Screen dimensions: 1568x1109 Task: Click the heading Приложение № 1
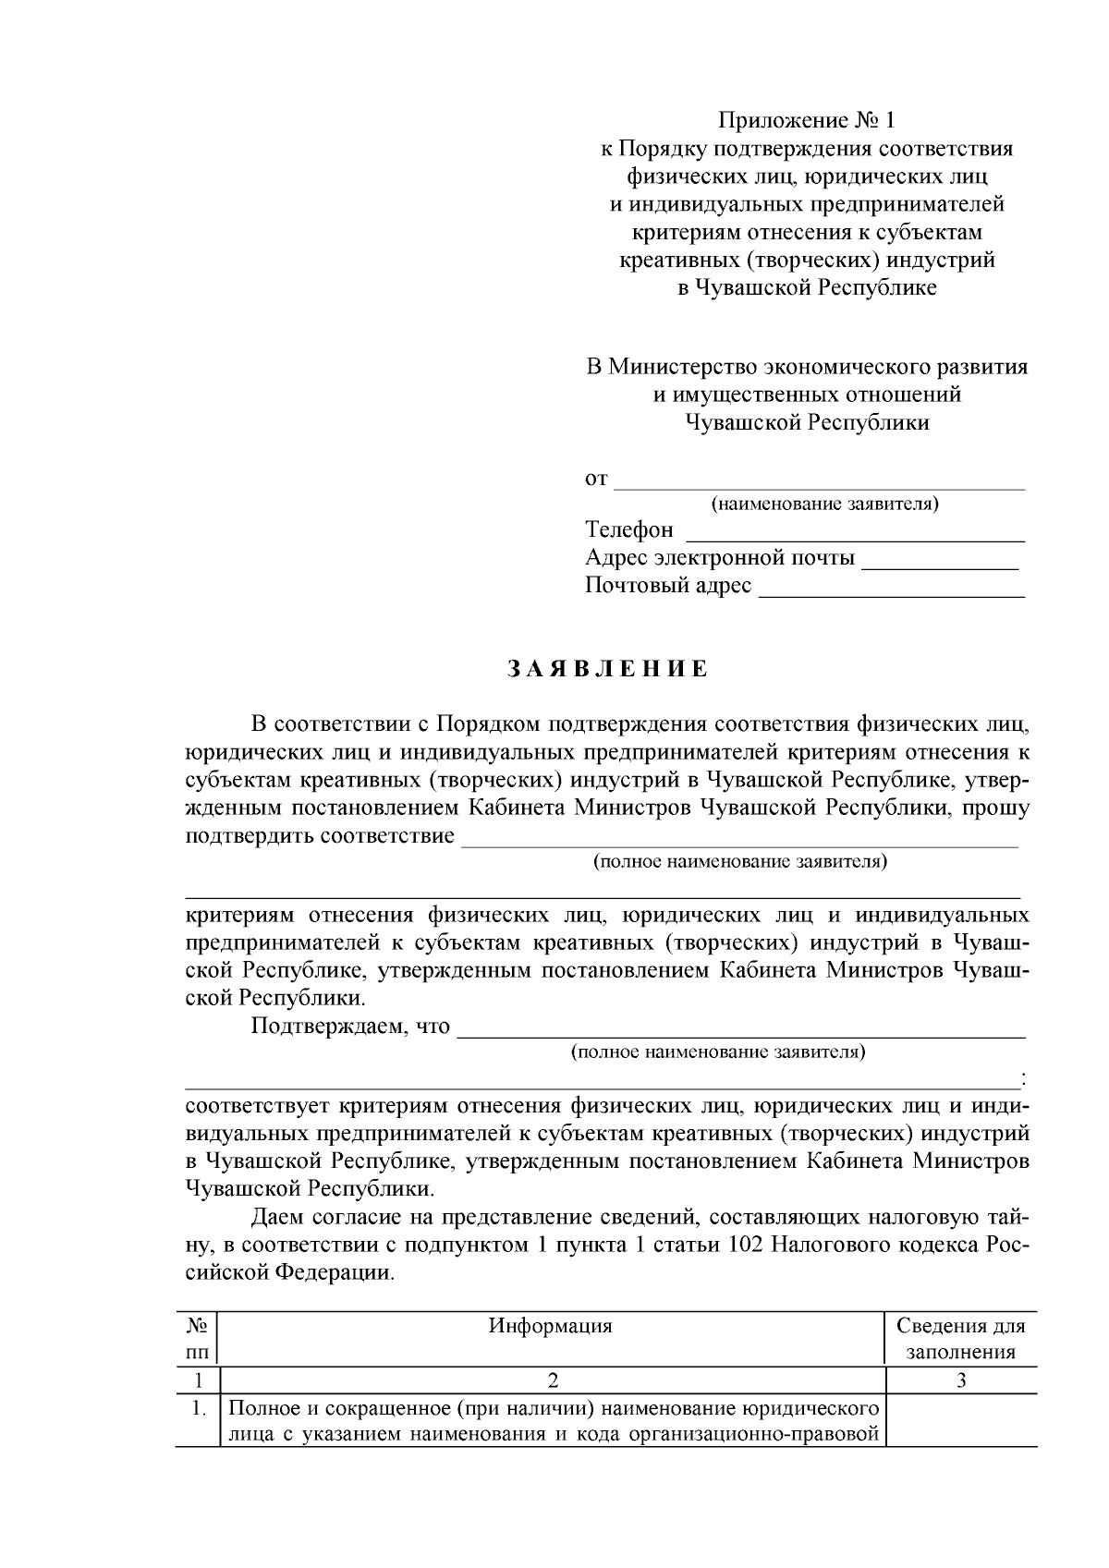pyautogui.click(x=807, y=121)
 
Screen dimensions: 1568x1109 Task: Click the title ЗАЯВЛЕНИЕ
pyautogui.click(x=607, y=669)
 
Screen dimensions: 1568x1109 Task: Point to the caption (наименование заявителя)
pyautogui.click(x=824, y=504)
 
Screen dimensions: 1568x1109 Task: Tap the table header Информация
pyautogui.click(x=551, y=1327)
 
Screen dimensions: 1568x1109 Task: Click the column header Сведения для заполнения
pyautogui.click(x=961, y=1339)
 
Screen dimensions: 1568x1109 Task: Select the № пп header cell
pyautogui.click(x=197, y=1339)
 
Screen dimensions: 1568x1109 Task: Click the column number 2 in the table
pyautogui.click(x=553, y=1381)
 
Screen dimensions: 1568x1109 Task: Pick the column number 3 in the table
pyautogui.click(x=961, y=1381)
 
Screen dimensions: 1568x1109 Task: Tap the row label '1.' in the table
pyautogui.click(x=197, y=1409)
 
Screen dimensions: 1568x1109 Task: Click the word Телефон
pyautogui.click(x=629, y=530)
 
